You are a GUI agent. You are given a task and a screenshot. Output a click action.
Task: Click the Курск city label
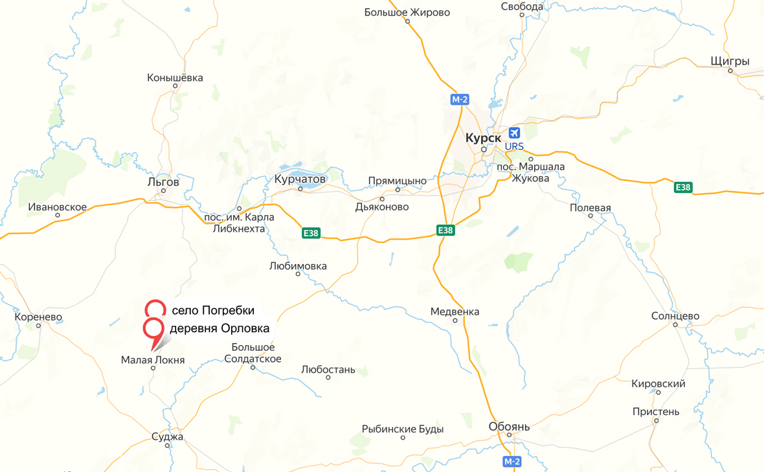(x=483, y=138)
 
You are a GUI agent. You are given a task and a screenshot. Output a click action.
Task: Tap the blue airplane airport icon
(x=515, y=133)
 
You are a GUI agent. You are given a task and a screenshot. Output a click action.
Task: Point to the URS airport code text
(x=514, y=146)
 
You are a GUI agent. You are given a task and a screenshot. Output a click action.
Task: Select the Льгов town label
(x=163, y=182)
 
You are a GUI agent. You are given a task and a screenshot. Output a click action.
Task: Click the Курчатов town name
(x=300, y=178)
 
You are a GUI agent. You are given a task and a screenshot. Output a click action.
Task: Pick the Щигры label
(x=730, y=62)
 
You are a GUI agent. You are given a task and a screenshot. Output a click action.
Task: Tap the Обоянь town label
(x=509, y=427)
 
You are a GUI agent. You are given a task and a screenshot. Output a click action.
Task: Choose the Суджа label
(x=168, y=436)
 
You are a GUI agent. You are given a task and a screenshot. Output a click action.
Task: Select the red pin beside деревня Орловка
(x=153, y=329)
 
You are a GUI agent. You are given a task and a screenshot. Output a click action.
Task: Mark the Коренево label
(x=38, y=317)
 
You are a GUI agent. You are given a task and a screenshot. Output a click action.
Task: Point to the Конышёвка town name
(x=175, y=78)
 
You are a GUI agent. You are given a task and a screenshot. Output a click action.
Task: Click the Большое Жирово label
(x=407, y=12)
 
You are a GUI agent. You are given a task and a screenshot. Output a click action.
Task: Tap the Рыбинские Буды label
(x=403, y=429)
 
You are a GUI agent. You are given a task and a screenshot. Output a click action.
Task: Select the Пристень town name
(x=656, y=412)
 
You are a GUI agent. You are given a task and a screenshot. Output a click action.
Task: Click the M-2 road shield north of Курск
(x=460, y=99)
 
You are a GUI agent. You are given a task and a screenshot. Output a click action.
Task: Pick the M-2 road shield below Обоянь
(x=511, y=461)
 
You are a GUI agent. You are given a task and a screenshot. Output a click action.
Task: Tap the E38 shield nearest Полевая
(x=683, y=187)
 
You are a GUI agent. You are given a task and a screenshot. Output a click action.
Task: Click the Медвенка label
(x=455, y=311)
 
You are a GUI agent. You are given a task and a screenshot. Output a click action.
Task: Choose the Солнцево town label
(x=675, y=316)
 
